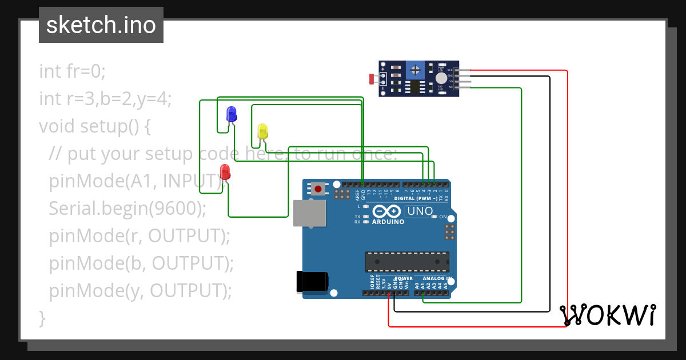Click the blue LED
click(232, 114)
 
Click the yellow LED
click(262, 131)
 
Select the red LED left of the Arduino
click(225, 171)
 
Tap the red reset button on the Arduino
click(318, 188)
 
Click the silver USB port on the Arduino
click(309, 214)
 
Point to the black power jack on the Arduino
click(312, 282)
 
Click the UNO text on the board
click(419, 211)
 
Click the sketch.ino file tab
click(101, 25)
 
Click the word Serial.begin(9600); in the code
click(127, 209)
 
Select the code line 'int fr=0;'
click(73, 71)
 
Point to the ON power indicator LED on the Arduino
click(434, 217)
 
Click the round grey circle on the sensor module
click(440, 79)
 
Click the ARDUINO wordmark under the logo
click(388, 222)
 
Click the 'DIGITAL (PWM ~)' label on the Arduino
click(417, 198)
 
